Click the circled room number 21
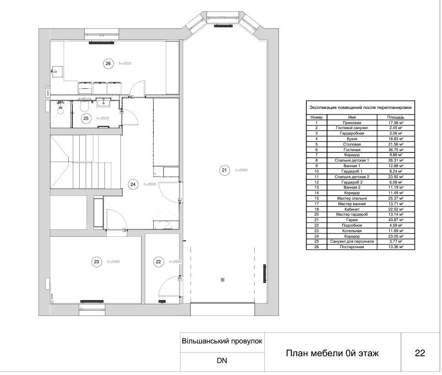tap(224, 170)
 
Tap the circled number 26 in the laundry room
tap(108, 64)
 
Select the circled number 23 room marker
tap(97, 262)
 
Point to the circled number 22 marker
tap(158, 262)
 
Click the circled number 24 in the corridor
tap(133, 185)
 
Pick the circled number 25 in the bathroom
tap(86, 118)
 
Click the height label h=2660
tap(241, 170)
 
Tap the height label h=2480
tap(113, 262)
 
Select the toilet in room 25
tap(84, 106)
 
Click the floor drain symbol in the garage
tap(223, 280)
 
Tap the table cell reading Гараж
tap(352, 220)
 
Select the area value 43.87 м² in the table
tap(396, 220)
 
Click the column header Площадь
tap(396, 117)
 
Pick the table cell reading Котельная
tap(352, 231)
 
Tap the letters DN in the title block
tap(222, 361)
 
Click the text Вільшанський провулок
tap(222, 341)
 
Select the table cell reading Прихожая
tap(352, 123)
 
